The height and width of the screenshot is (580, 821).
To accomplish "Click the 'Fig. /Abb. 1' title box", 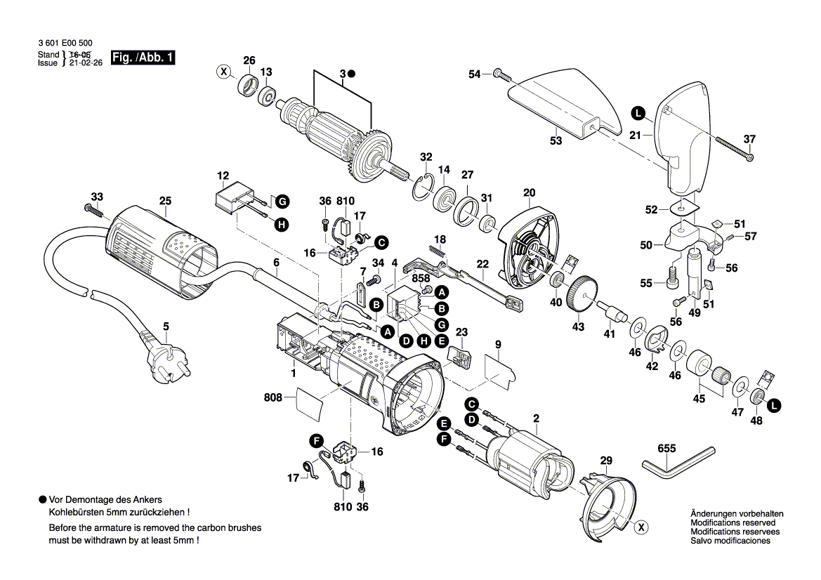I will (x=143, y=58).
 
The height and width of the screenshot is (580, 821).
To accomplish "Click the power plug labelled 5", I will (x=164, y=358).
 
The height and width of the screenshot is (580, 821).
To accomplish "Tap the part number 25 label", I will (x=165, y=201).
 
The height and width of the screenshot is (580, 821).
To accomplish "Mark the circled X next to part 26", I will (x=223, y=71).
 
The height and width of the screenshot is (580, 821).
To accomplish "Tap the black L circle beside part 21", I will (x=637, y=112).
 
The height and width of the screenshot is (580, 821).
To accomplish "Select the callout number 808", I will (x=272, y=397).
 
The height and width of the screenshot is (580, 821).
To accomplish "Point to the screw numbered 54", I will (x=498, y=73).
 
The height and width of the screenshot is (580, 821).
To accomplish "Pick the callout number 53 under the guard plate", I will (x=556, y=141).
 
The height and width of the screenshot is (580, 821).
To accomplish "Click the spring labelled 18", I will (x=438, y=249).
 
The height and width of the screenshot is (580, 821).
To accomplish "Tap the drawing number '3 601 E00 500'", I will (x=65, y=41).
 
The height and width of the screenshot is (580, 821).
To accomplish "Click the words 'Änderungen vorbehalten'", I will (x=733, y=514).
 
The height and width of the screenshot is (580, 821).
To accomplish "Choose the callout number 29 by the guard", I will (x=605, y=461).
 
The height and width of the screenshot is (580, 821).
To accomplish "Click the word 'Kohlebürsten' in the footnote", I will (x=74, y=513).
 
